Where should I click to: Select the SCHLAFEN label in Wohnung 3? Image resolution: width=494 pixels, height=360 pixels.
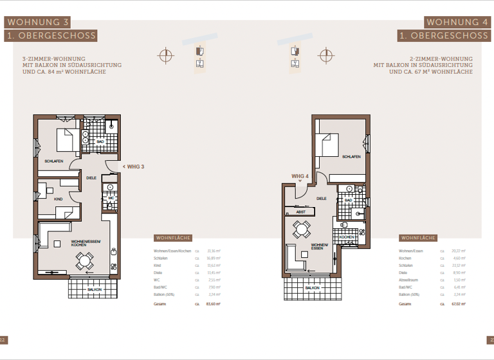coord(53,161)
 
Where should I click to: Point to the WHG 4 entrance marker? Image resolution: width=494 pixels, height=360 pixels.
coord(300,175)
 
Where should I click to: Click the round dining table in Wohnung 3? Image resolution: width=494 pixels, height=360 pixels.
coord(84,260)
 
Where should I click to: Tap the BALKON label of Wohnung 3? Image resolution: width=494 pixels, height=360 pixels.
coord(95,289)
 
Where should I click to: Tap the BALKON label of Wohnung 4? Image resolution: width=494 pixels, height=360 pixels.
coord(313,288)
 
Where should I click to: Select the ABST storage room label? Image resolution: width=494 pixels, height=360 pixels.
coord(300,212)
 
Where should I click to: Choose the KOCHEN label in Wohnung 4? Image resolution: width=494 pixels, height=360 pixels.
coord(347,237)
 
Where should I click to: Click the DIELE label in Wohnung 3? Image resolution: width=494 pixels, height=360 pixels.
coord(91,178)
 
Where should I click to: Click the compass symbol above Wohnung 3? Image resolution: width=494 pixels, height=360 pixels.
coord(167,55)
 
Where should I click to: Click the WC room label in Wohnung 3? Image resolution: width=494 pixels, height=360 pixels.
coord(111,198)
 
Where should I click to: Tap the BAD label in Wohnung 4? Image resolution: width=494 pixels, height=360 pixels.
coord(348,200)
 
